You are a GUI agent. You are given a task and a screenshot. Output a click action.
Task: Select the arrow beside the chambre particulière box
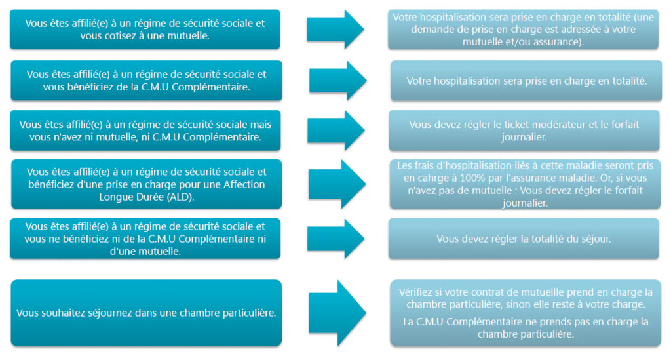[337, 313]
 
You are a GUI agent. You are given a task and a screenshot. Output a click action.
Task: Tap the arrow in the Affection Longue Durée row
[337, 184]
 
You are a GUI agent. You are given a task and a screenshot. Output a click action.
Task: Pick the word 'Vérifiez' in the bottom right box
[415, 292]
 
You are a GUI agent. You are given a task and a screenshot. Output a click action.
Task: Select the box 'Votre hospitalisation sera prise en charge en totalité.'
[526, 81]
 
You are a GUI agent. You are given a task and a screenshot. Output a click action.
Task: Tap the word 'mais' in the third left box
[261, 125]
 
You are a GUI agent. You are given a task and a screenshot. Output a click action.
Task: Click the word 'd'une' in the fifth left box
[121, 251]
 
